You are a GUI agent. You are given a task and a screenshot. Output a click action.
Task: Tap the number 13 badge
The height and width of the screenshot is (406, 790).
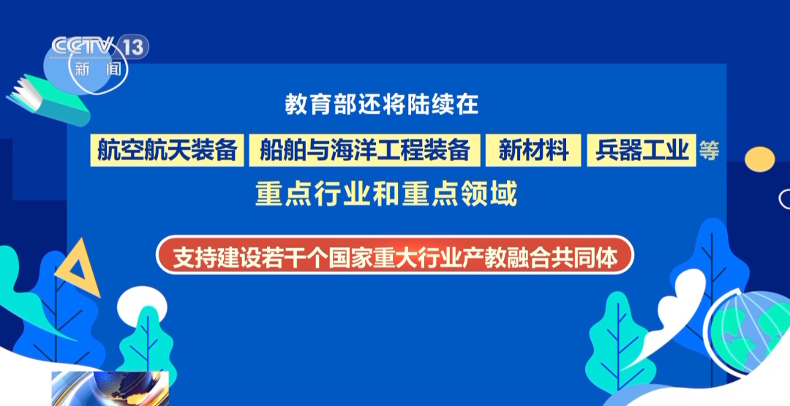pyautogui.click(x=132, y=47)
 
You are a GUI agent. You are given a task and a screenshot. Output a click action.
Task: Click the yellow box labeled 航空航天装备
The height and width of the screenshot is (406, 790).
pyautogui.click(x=167, y=150)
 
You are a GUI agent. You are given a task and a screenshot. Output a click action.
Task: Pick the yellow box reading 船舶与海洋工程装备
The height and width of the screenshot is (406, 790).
pyautogui.click(x=364, y=150)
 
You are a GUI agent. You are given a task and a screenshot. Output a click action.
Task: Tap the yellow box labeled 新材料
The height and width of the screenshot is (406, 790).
pyautogui.click(x=533, y=150)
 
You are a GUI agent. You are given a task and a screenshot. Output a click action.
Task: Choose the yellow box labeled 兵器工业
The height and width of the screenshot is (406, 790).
pyautogui.click(x=642, y=150)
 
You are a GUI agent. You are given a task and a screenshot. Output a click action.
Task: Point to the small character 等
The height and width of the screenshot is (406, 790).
pyautogui.click(x=709, y=150)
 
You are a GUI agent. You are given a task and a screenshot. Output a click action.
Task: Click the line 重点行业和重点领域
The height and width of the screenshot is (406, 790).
pyautogui.click(x=386, y=194)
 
